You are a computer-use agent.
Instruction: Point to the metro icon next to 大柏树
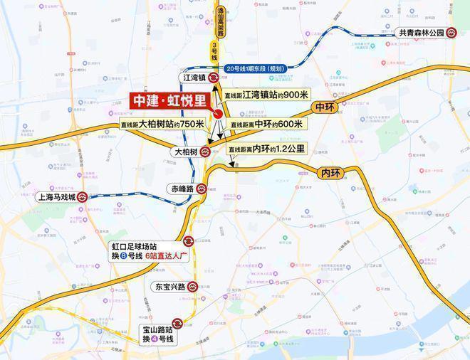pyautogui.click(x=205, y=151)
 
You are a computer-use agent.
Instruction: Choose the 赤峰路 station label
pyautogui.click(x=182, y=189)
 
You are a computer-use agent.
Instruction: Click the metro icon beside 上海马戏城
pyautogui.click(x=83, y=198)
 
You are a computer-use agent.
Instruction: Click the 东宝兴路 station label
pyautogui.click(x=169, y=287)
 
